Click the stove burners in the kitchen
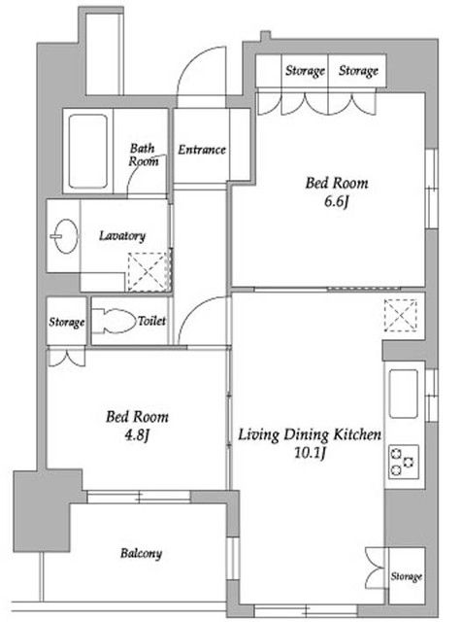coord(402,460)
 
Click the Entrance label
coord(202,150)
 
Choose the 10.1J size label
coord(308,452)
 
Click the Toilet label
coord(151,320)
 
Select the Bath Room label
coord(144,155)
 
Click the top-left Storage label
coord(305,71)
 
